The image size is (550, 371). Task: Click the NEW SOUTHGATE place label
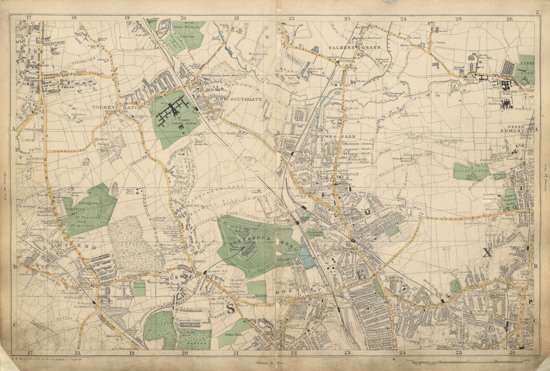point(227,100)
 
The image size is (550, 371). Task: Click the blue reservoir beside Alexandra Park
point(307,256)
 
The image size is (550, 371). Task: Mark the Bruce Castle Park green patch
point(510,199)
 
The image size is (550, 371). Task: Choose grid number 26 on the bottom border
point(512,353)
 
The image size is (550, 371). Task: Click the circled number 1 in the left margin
point(5,189)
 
